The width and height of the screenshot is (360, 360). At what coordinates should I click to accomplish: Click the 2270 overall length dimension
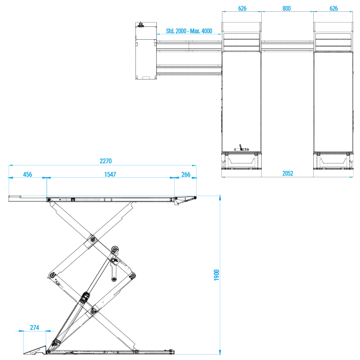(x=106, y=161)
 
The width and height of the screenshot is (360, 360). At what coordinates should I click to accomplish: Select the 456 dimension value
(x=27, y=175)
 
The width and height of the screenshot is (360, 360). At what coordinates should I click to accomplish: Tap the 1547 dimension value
(x=110, y=175)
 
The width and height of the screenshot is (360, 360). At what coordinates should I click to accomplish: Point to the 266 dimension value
(x=186, y=175)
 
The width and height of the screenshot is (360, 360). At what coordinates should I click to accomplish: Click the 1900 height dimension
(x=217, y=275)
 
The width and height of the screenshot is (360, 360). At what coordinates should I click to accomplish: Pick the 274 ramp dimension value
(x=34, y=327)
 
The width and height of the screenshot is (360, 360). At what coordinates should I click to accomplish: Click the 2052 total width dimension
(x=287, y=174)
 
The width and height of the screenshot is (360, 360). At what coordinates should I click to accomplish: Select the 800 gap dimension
(x=286, y=9)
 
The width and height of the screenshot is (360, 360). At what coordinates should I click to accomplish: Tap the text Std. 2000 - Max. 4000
(x=189, y=31)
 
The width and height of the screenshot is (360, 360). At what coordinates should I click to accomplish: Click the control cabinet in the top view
(x=146, y=51)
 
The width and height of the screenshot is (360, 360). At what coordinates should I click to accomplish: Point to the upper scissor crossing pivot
(x=92, y=240)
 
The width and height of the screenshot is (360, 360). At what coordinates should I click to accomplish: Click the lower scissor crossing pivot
(x=93, y=311)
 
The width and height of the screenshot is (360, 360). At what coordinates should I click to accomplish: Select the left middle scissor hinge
(x=52, y=276)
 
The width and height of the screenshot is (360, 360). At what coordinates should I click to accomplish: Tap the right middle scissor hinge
(x=132, y=276)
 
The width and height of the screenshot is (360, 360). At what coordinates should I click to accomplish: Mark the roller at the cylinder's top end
(x=115, y=249)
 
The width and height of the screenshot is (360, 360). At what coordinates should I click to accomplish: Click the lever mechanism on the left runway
(x=241, y=148)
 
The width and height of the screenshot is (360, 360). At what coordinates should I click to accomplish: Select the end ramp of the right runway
(x=333, y=161)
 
